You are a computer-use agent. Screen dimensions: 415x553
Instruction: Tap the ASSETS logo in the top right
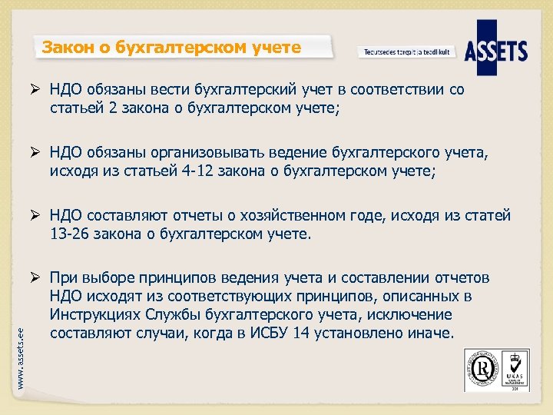coord(496,51)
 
